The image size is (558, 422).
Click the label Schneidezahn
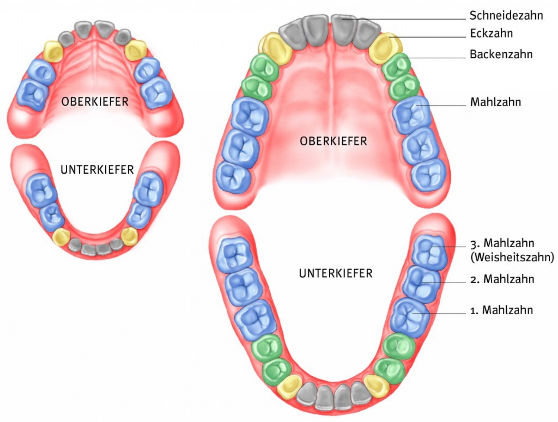[506, 16]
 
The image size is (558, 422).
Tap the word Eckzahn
[491, 33]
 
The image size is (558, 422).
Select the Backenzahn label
[501, 54]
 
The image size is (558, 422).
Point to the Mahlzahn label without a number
[496, 102]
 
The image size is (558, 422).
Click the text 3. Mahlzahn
[502, 244]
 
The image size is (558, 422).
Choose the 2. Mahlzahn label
[502, 279]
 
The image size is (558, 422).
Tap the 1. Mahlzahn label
[501, 310]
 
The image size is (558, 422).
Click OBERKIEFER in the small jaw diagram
[95, 102]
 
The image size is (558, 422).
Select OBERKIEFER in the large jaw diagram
[333, 141]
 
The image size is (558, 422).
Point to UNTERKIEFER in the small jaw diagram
[97, 170]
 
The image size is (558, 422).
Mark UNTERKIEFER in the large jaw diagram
[336, 274]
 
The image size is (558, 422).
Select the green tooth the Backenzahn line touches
[397, 67]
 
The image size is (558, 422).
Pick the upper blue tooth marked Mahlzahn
[411, 113]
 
